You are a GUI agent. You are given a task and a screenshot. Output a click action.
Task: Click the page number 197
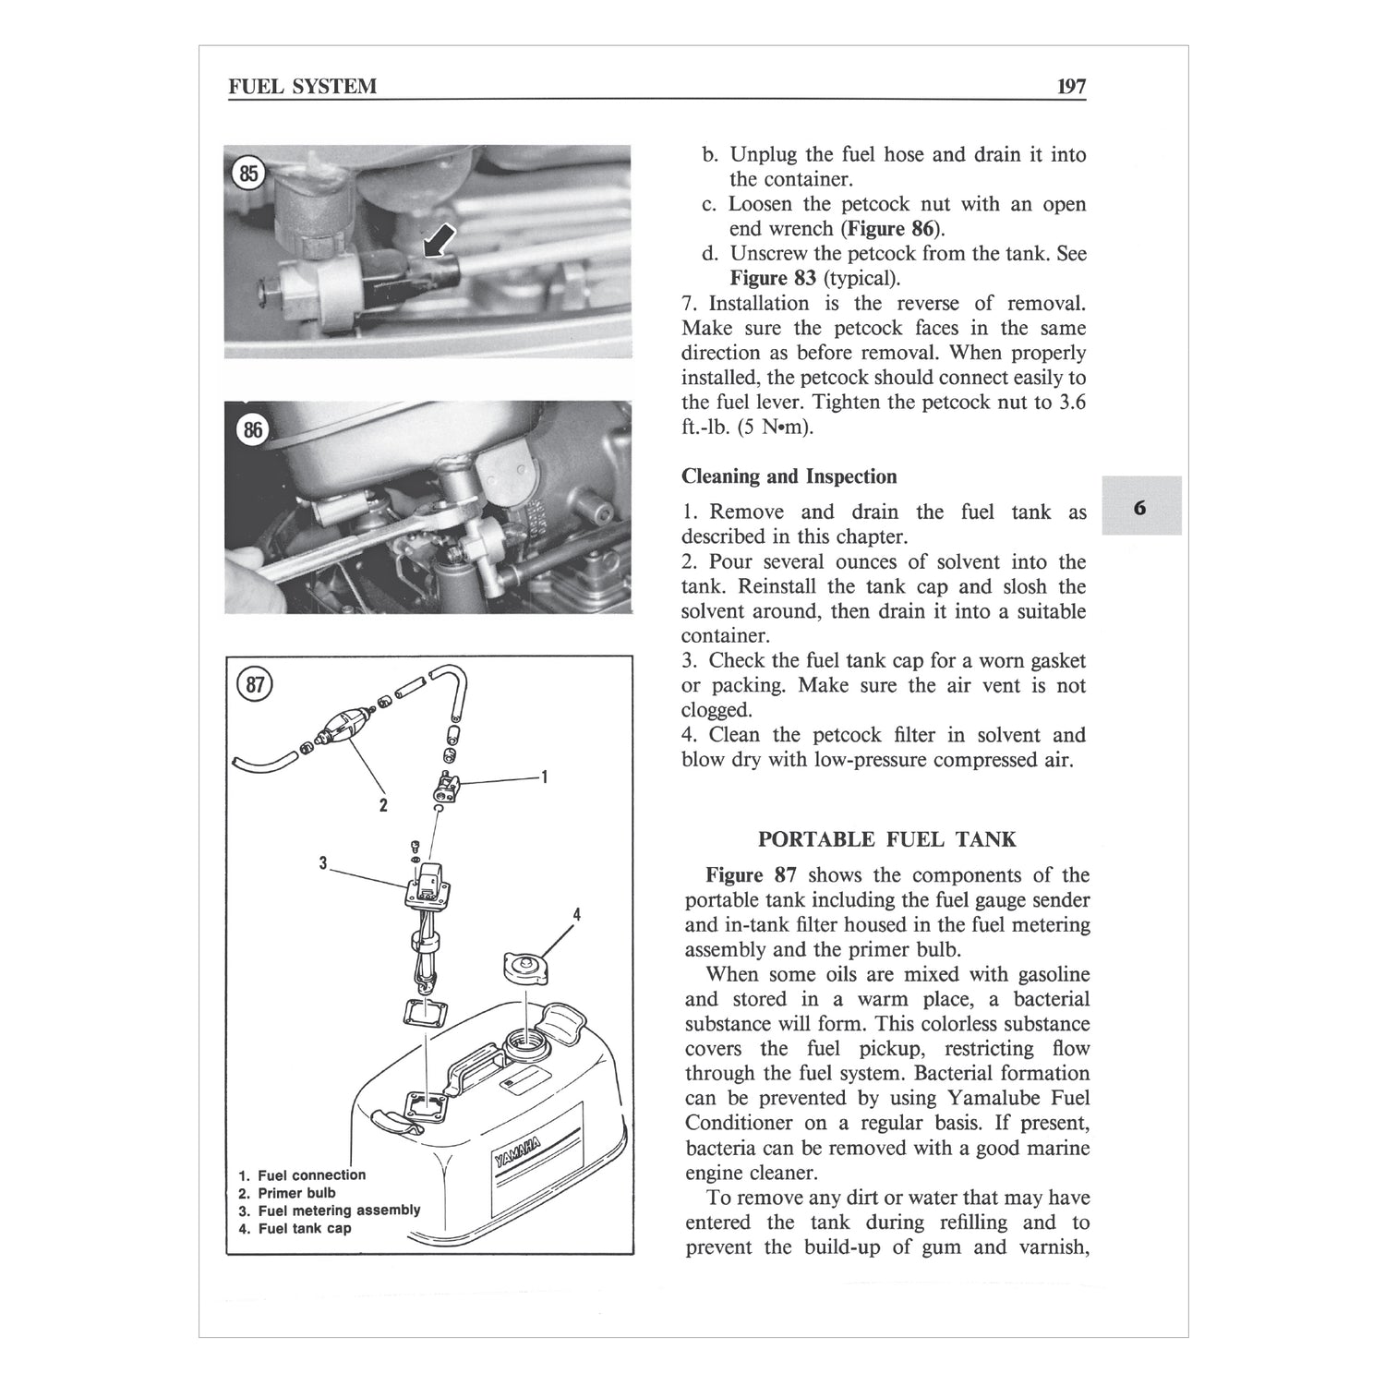[x=1071, y=87]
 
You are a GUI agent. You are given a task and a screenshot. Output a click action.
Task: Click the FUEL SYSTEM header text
[x=303, y=87]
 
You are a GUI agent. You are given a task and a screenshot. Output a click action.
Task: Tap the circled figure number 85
[x=248, y=173]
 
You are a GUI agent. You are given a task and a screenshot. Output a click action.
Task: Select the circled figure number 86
[x=251, y=429]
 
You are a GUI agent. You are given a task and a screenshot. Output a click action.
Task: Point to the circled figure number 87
[x=255, y=684]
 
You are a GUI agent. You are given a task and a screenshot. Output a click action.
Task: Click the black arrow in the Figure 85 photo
[x=438, y=243]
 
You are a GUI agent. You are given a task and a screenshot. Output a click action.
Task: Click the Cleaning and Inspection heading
[x=789, y=476]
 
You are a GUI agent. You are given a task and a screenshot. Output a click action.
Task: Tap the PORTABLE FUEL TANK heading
[x=886, y=839]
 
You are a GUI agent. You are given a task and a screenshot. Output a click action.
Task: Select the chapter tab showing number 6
[x=1141, y=507]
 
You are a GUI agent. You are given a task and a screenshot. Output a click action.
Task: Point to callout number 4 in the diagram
[x=576, y=914]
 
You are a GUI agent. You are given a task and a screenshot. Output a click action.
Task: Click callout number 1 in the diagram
[x=545, y=777]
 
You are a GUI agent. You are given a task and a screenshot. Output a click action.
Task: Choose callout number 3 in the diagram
[x=323, y=863]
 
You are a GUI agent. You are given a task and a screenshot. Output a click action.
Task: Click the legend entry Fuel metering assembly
[x=338, y=1210]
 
